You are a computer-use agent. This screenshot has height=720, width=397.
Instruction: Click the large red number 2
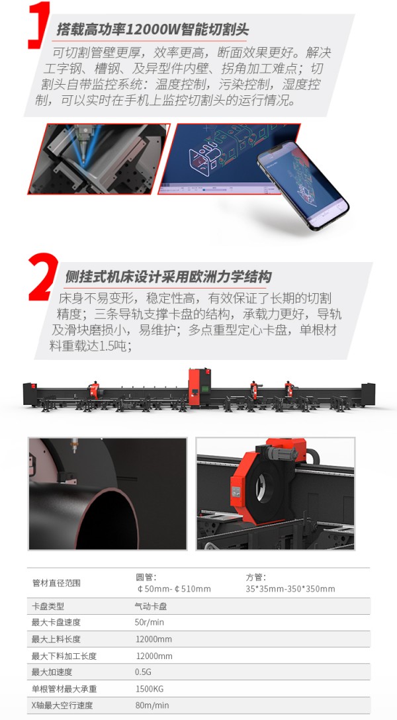[43, 277]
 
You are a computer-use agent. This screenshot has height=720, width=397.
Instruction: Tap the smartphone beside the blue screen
[303, 185]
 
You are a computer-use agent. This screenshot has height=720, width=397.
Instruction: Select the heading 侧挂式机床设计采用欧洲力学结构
[168, 277]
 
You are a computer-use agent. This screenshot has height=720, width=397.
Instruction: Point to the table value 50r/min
[149, 622]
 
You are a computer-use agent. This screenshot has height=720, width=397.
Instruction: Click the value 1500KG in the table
[150, 689]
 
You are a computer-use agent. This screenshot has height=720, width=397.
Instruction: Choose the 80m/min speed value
[152, 705]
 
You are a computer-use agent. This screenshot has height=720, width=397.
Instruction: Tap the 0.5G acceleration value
[143, 672]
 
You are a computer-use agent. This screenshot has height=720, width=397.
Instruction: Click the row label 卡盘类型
[48, 606]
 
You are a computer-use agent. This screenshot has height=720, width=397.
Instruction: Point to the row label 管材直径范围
[56, 583]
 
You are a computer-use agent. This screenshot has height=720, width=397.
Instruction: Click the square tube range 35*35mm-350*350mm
[290, 589]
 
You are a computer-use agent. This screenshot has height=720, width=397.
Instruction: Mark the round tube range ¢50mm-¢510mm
[173, 589]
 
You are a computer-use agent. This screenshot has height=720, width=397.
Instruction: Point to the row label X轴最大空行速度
[62, 705]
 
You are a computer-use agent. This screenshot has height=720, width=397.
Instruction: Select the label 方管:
[255, 578]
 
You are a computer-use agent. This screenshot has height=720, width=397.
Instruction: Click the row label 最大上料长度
[56, 639]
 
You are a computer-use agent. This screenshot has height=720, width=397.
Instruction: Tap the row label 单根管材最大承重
[64, 689]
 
